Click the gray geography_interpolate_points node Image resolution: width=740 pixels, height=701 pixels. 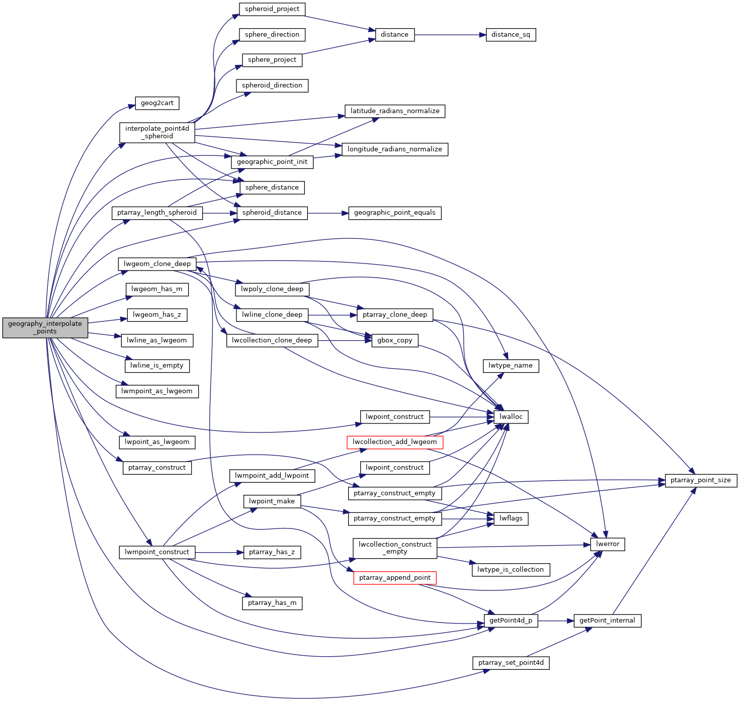coord(45,327)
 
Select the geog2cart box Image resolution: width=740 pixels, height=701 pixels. coord(157,103)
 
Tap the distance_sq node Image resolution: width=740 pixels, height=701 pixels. coord(511,35)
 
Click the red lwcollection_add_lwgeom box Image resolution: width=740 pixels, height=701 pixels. coord(394,442)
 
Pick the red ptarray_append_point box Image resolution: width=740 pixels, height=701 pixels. coord(394,578)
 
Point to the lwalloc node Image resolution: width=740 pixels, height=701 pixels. coord(511,417)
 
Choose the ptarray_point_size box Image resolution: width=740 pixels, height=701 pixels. coord(700,480)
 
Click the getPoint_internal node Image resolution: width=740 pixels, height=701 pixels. coord(607,621)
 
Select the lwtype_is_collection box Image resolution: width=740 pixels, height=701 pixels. coord(511,570)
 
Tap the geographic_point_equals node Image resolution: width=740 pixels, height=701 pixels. coord(394,213)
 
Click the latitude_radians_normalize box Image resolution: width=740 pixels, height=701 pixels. coord(394,111)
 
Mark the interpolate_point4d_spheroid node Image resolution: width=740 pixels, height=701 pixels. coord(157,132)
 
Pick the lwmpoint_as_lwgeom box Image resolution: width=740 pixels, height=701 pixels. coord(157,391)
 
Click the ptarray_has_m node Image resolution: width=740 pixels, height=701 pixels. coord(272,603)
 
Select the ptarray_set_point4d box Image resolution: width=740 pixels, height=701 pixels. coord(511,663)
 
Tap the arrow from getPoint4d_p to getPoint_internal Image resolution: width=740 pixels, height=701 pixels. coord(556,621)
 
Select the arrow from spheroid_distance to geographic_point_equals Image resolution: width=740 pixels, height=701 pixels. coord(327,213)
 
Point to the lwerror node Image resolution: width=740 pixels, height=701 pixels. coord(607,544)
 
